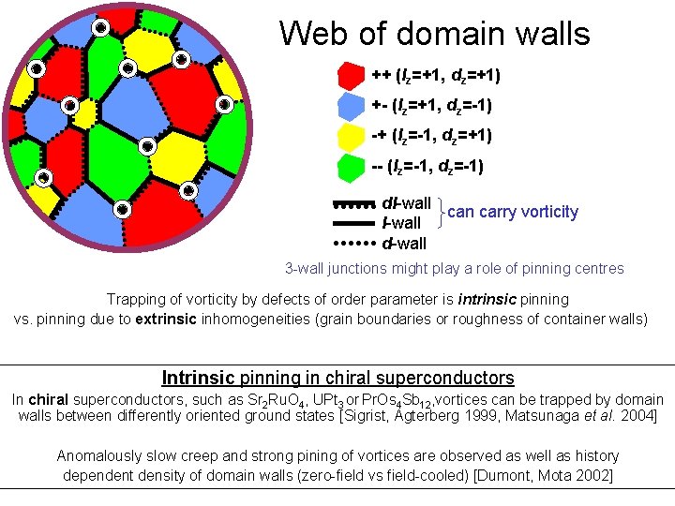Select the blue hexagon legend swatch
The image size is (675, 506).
click(x=351, y=107)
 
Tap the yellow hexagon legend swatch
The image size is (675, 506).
click(x=351, y=138)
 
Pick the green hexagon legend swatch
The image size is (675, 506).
click(x=351, y=168)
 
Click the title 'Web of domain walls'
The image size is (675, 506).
click(x=434, y=35)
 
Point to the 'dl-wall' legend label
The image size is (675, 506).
click(x=407, y=203)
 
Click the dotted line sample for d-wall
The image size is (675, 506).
click(x=353, y=243)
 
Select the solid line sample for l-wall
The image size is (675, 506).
click(x=353, y=224)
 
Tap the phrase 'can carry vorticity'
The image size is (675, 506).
click(x=513, y=212)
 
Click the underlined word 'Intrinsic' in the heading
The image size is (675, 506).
click(x=199, y=379)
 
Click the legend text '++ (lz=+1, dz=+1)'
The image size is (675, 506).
click(x=436, y=75)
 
